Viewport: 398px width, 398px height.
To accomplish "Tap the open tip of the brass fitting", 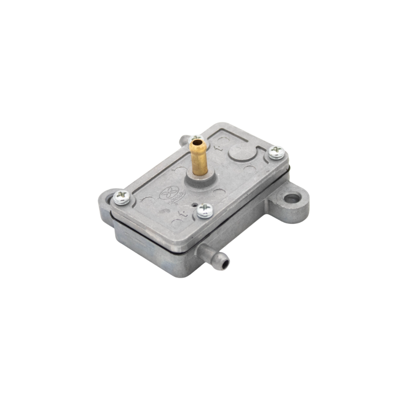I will point(197,142).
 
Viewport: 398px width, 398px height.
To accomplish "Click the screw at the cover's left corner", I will point(122,198).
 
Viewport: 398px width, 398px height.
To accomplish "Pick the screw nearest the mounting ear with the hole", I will point(276,153).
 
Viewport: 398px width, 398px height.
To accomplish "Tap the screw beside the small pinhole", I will point(205,210).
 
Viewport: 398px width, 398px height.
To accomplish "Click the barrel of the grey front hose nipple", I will point(212,254).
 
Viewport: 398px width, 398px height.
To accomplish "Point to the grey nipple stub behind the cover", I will point(184,140).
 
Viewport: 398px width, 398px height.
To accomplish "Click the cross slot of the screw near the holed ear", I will point(276,152).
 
